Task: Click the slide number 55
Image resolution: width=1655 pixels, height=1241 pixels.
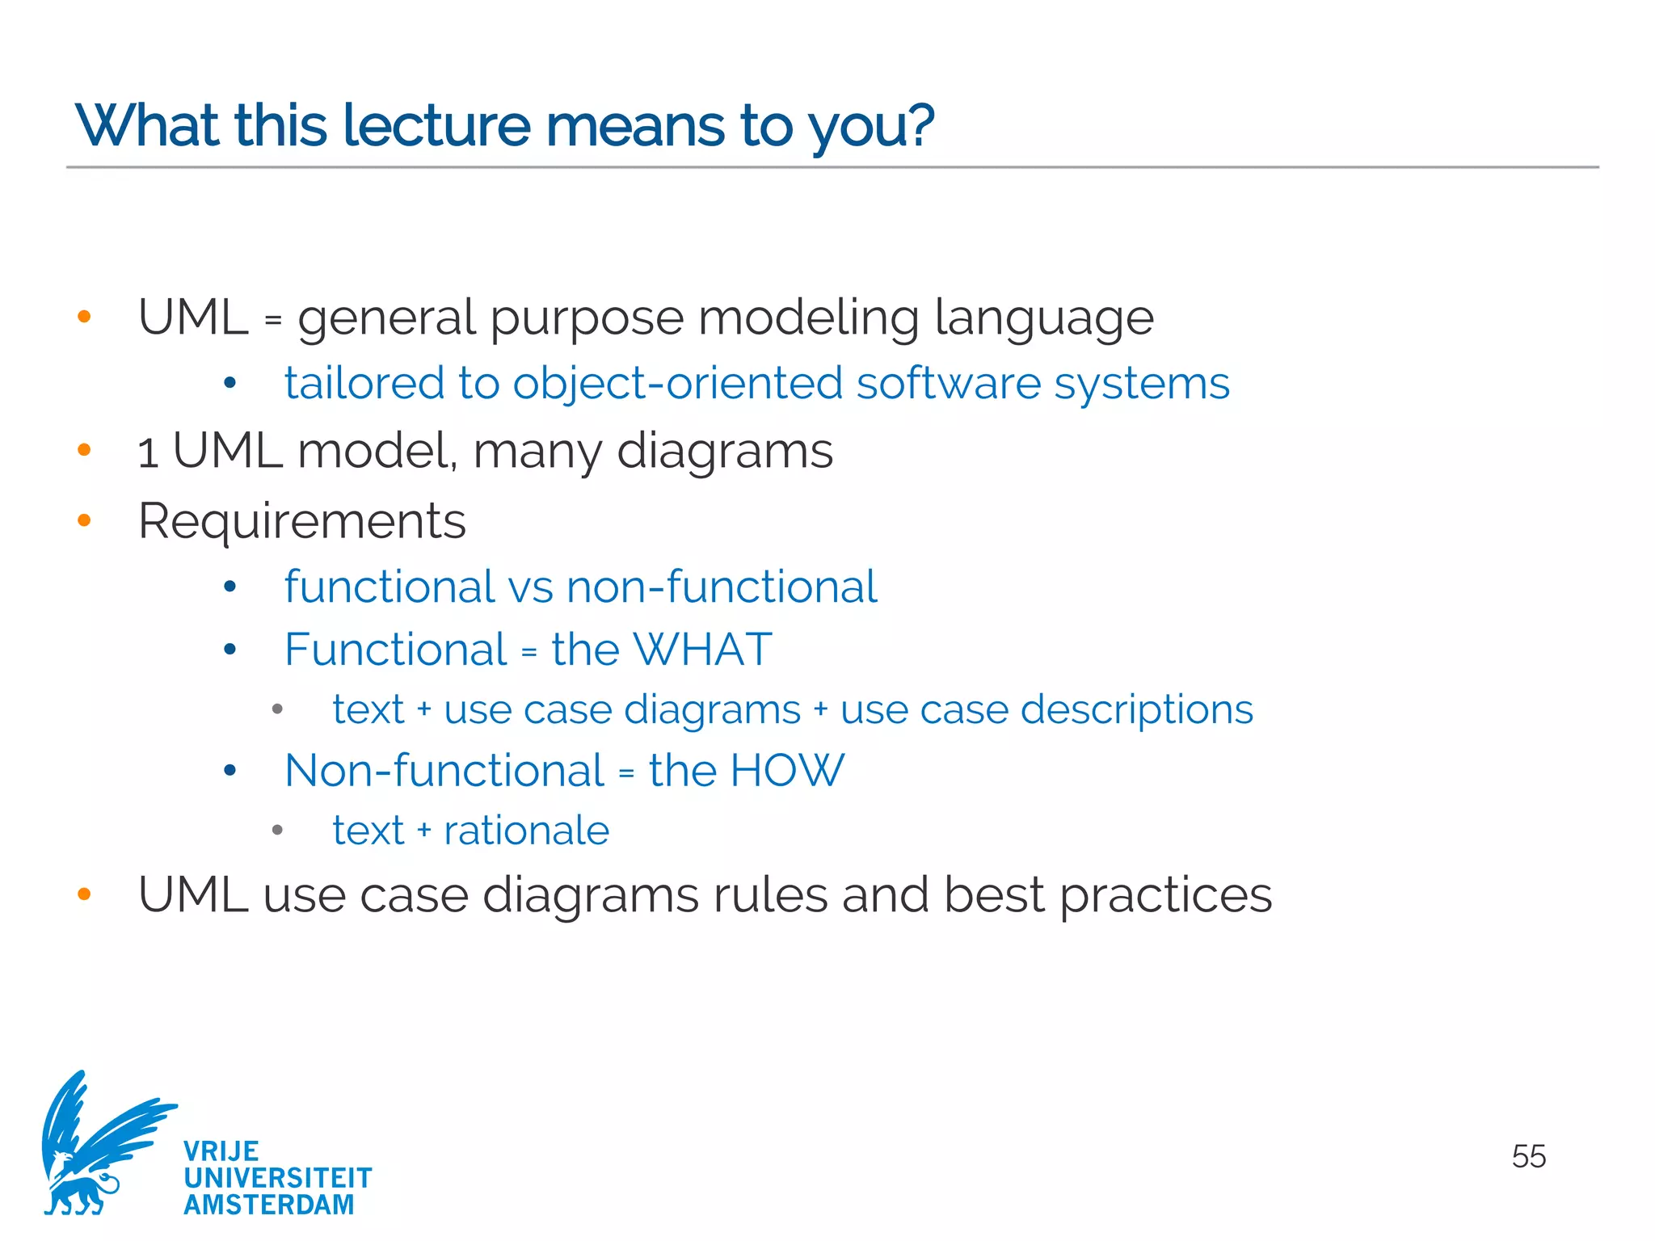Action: coord(1528,1156)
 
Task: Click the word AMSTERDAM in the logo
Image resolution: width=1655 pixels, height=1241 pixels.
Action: coord(268,1204)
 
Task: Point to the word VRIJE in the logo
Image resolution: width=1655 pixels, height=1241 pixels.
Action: coord(221,1151)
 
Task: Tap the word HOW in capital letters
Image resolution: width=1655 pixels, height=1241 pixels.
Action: coord(786,770)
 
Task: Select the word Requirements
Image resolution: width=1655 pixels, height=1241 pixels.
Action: coord(302,521)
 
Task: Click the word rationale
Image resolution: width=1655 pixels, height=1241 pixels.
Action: coord(526,831)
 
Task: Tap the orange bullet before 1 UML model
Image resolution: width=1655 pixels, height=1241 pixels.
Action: coord(84,450)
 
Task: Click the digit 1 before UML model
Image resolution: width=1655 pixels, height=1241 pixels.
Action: coord(147,452)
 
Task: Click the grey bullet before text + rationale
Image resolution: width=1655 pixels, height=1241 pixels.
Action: coord(277,831)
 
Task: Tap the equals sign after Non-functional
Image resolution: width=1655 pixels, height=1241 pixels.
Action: coord(626,773)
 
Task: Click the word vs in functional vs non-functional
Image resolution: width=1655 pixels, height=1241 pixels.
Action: coord(530,587)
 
